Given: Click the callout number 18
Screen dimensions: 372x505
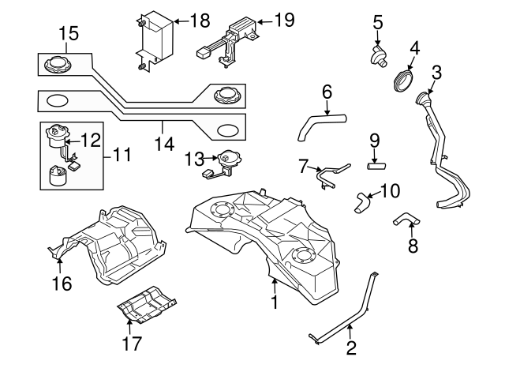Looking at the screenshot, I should pyautogui.click(x=200, y=21).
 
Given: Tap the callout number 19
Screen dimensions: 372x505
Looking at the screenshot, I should pyautogui.click(x=282, y=21).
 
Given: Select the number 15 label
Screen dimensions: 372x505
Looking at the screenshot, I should pyautogui.click(x=69, y=33).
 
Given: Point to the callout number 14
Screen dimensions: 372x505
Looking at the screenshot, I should pyautogui.click(x=163, y=144).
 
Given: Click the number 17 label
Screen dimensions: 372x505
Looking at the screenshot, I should pyautogui.click(x=131, y=343).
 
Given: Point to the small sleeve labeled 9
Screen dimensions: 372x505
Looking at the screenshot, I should pyautogui.click(x=377, y=166).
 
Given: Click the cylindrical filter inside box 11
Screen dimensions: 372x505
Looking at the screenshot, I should pyautogui.click(x=59, y=175).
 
